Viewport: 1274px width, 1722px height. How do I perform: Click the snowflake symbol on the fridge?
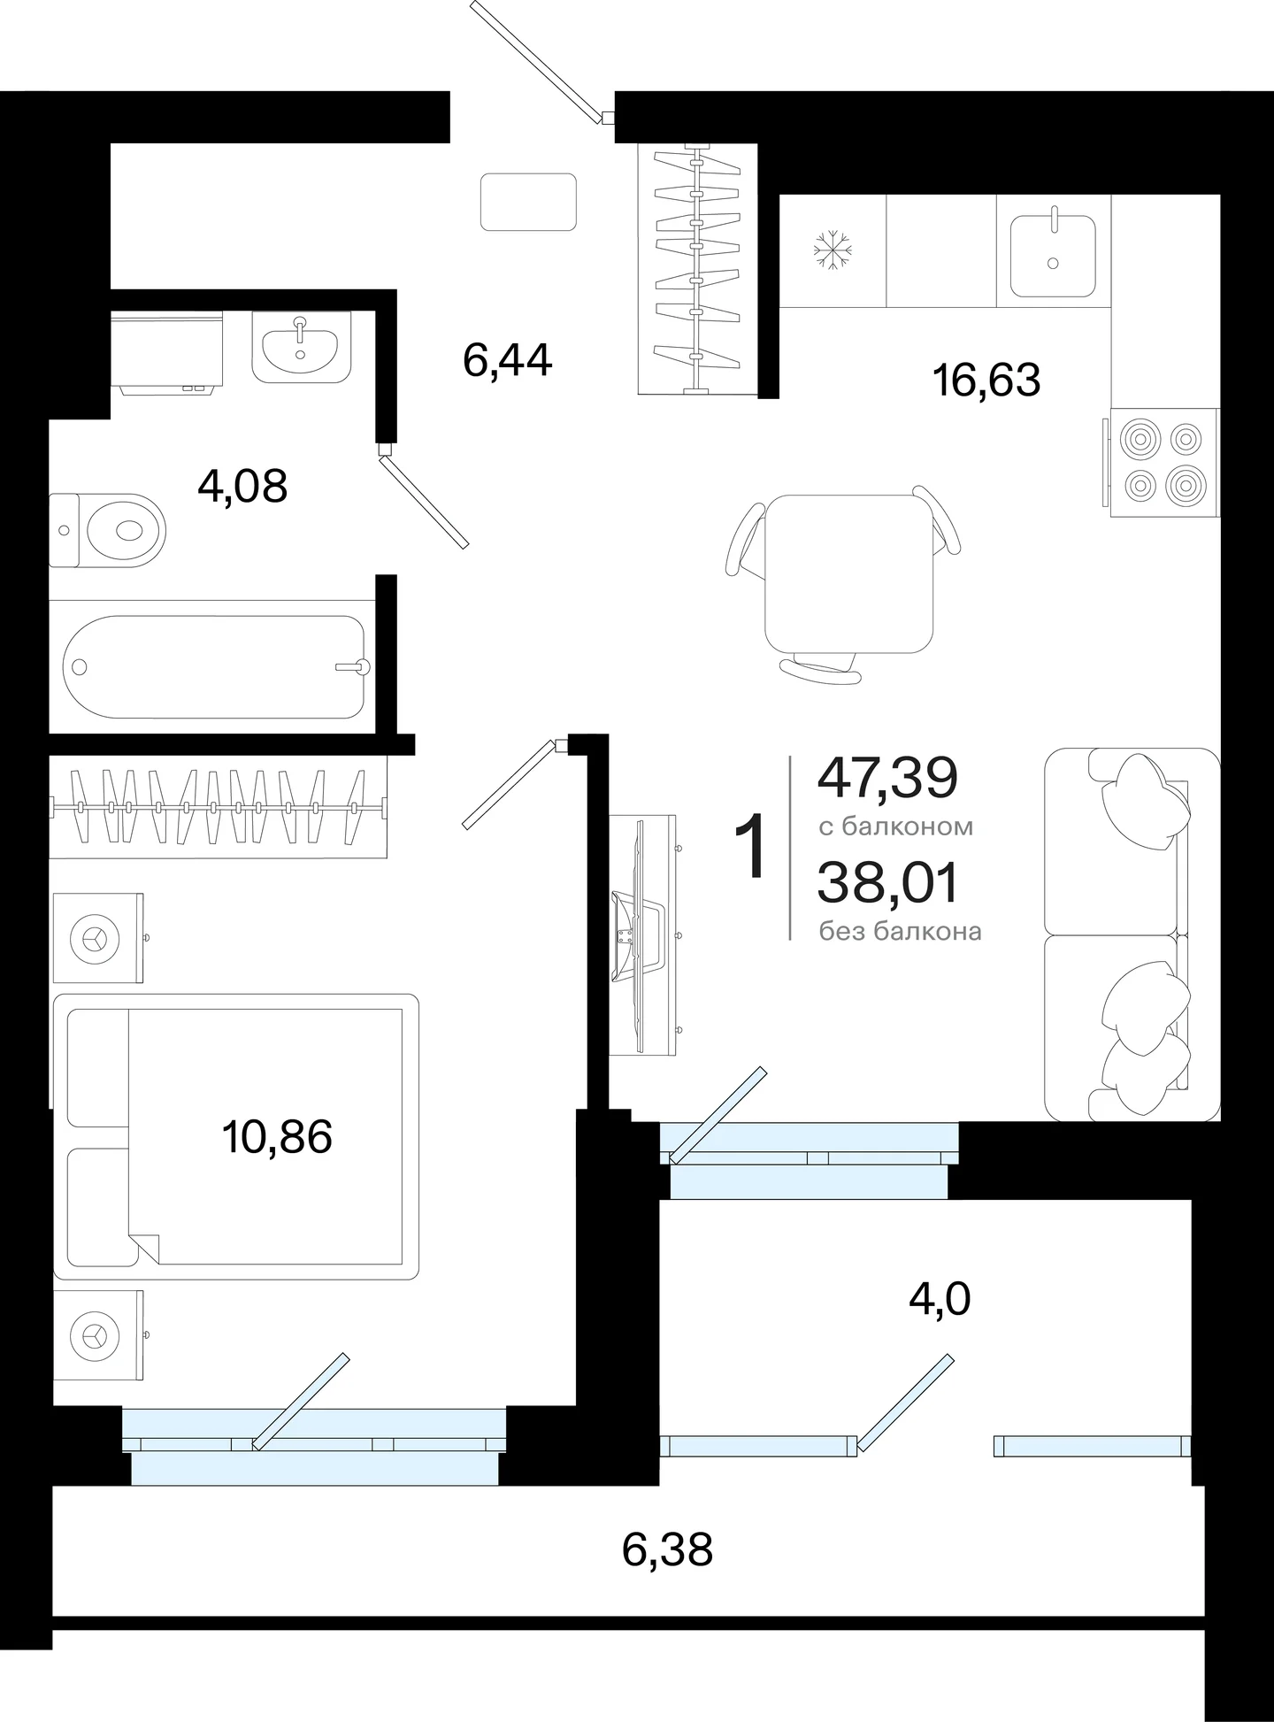coord(832,250)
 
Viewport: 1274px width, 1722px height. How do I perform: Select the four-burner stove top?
coord(1164,462)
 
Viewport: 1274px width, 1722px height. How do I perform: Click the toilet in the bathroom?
coord(108,531)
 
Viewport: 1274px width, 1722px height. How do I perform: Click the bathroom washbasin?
coord(301,346)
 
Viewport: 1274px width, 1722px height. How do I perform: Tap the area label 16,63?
coord(986,381)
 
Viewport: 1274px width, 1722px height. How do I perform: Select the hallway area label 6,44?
coord(508,360)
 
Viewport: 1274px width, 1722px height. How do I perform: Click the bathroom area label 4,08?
coord(242,486)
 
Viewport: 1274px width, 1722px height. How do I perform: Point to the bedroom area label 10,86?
coord(277,1137)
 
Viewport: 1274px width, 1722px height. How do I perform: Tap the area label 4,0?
coord(940,1299)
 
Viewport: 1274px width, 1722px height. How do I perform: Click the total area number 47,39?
coord(887,778)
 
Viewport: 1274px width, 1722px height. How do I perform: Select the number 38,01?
coord(887,883)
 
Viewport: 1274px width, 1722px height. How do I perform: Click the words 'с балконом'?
coord(895,826)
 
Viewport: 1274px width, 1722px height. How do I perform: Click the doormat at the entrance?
coord(528,202)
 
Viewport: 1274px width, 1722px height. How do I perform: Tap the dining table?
coord(848,573)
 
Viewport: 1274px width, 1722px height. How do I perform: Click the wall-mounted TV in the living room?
coord(643,934)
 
